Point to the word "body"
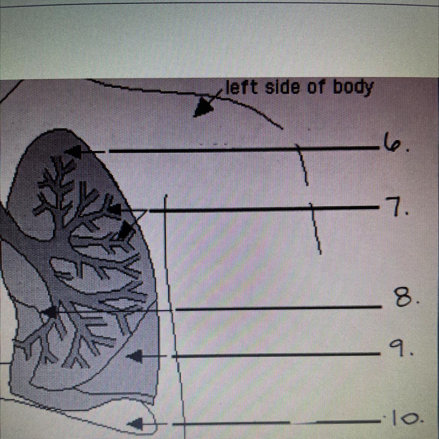[353, 89]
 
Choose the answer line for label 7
[263, 209]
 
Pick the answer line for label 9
[276, 354]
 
